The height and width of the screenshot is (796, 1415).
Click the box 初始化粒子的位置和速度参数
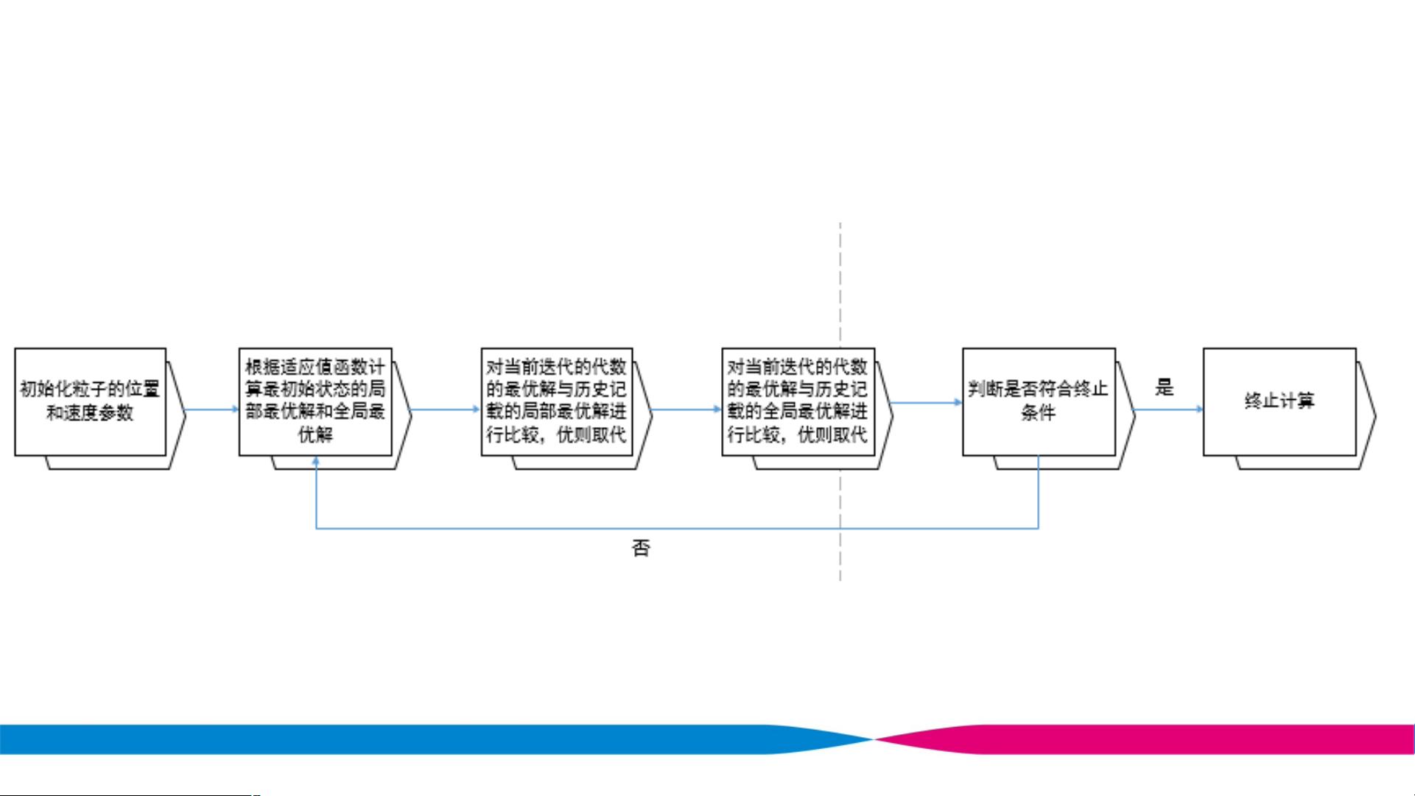coord(90,401)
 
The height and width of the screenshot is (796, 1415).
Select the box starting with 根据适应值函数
coord(315,401)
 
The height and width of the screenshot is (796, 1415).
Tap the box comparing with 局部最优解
coord(557,401)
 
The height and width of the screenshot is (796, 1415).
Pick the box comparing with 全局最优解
coord(798,401)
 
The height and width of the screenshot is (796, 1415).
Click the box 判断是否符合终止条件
coord(1039,401)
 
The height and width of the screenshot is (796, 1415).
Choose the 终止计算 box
coord(1279,401)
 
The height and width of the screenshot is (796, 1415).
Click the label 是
coord(1164,387)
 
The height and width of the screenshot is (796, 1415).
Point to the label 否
coord(641,548)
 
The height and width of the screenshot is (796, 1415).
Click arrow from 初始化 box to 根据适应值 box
coord(212,409)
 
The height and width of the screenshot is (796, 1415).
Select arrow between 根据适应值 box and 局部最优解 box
coord(445,409)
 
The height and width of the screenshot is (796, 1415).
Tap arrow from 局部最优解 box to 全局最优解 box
coord(686,409)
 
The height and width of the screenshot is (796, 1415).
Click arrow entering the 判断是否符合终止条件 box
coord(926,402)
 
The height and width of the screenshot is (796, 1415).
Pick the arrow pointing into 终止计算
coord(1169,409)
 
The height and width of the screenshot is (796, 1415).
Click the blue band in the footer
coord(368,739)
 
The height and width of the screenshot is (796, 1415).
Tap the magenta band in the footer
coord(1179,739)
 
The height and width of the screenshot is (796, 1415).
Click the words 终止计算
coord(1279,401)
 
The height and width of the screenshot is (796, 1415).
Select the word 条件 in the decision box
coord(1038,412)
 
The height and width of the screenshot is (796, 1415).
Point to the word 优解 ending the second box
coord(315,434)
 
